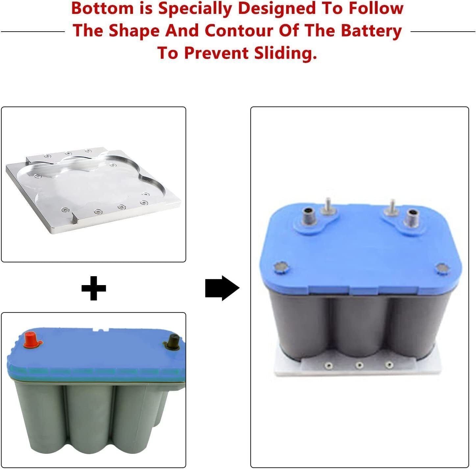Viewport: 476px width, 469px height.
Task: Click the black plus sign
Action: (x=94, y=288)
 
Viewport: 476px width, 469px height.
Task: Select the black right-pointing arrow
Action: (x=222, y=288)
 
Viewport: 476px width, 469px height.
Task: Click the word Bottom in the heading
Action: (x=102, y=8)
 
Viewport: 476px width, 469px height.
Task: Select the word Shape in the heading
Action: (x=135, y=32)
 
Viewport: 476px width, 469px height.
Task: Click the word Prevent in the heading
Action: (x=216, y=53)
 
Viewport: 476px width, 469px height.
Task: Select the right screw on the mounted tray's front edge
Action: (x=389, y=365)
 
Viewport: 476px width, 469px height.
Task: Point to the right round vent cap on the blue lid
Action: (x=442, y=268)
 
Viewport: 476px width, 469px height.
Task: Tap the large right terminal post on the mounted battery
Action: (x=412, y=218)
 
